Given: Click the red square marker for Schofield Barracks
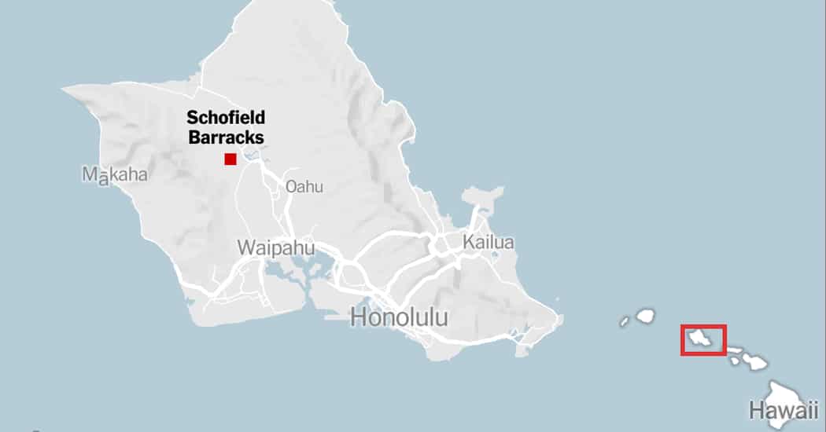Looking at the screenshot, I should click(230, 159).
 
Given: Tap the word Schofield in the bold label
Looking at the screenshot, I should click(226, 119).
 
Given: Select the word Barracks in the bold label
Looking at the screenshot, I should click(226, 137).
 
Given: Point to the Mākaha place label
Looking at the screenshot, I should click(115, 174).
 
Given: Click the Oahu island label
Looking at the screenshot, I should click(304, 187).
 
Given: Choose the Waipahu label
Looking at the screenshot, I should click(276, 247).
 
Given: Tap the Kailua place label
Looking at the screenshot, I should click(489, 242).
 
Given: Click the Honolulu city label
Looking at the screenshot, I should click(399, 317).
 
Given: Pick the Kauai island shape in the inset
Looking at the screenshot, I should click(646, 316).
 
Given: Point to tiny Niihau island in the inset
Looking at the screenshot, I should click(624, 321).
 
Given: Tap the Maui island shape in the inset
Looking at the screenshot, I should click(756, 362).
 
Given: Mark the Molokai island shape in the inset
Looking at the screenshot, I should click(737, 350).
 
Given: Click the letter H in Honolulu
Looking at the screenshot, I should click(358, 317).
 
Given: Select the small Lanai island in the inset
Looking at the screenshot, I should click(735, 361).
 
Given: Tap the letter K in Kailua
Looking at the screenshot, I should click(468, 242).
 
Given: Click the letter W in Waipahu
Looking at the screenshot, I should click(246, 247).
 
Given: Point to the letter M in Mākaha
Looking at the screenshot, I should click(89, 174).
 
